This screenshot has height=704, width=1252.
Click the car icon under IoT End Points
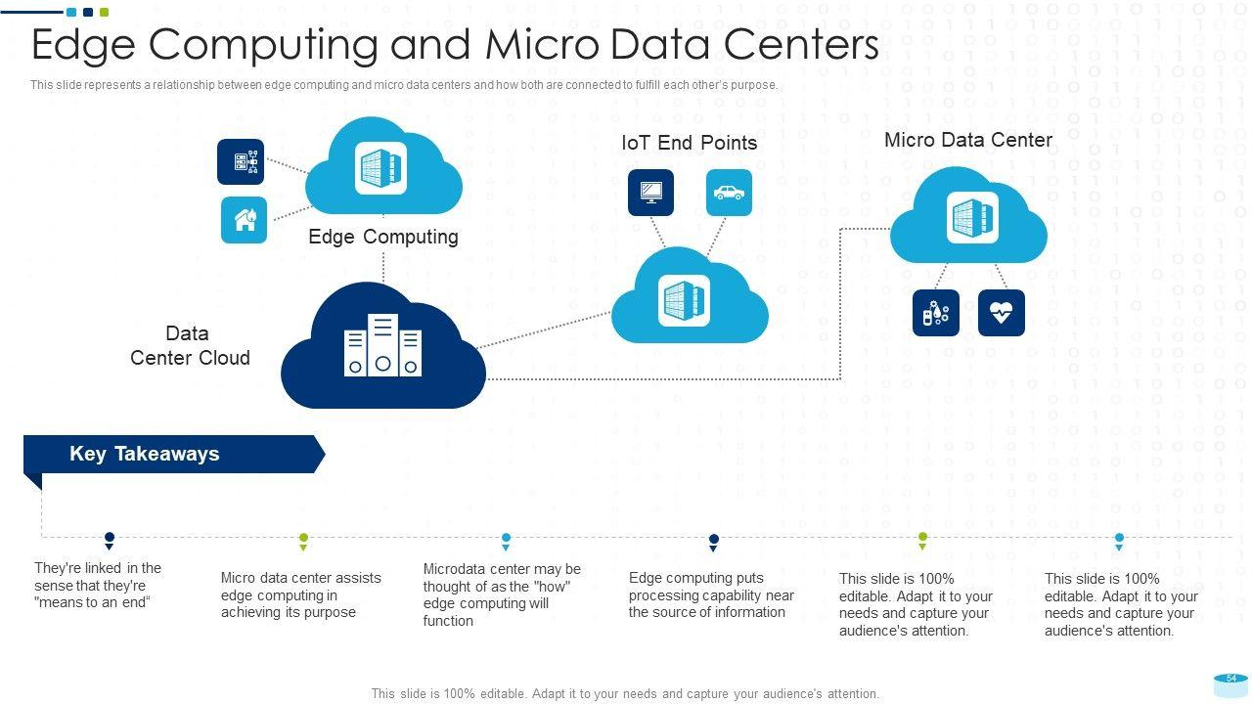[729, 193]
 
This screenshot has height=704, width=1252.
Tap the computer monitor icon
[650, 193]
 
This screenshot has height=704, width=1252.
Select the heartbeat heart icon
[1001, 313]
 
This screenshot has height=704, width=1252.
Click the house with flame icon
[244, 220]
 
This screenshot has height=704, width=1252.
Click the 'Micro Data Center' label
[967, 140]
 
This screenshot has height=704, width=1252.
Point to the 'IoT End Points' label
[689, 143]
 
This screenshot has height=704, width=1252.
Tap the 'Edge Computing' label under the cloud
[382, 237]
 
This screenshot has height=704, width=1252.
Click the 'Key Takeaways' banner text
[144, 454]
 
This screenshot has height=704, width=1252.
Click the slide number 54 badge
[1231, 679]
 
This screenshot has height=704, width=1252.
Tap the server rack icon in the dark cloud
[382, 346]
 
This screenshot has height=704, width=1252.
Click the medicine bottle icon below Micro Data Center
[935, 313]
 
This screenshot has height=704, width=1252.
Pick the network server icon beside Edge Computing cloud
[241, 162]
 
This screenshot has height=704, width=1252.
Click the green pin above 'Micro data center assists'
[303, 540]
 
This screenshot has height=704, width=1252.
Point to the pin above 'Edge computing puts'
[714, 541]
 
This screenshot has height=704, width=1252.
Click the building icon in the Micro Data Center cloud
[971, 217]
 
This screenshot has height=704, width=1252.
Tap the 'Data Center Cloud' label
[189, 346]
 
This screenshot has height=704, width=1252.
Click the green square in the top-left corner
[105, 13]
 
